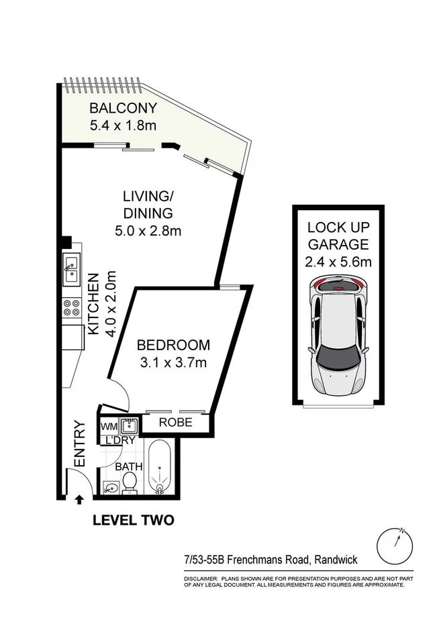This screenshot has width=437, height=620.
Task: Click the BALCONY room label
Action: click(123, 108)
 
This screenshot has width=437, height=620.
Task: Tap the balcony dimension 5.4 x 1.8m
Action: click(123, 125)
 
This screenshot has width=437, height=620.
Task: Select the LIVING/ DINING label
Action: click(148, 205)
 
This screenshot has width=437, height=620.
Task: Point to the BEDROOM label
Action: click(173, 345)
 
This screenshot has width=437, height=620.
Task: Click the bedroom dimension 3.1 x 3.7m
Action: click(173, 362)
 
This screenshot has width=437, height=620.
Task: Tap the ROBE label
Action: click(176, 422)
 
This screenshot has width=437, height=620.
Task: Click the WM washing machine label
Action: click(109, 427)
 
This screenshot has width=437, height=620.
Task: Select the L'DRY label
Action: click(120, 440)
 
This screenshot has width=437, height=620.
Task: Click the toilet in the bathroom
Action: click(129, 483)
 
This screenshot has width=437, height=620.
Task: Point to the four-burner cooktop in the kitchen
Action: click(71, 307)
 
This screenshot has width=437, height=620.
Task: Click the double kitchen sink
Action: click(72, 269)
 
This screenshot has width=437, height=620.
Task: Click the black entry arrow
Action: click(79, 500)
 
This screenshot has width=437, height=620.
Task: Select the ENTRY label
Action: click(80, 444)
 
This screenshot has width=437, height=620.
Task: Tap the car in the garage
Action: click(339, 335)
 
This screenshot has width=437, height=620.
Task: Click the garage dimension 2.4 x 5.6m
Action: click(338, 262)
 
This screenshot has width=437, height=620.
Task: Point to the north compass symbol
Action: click(395, 546)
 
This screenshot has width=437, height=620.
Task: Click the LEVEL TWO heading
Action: click(134, 521)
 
